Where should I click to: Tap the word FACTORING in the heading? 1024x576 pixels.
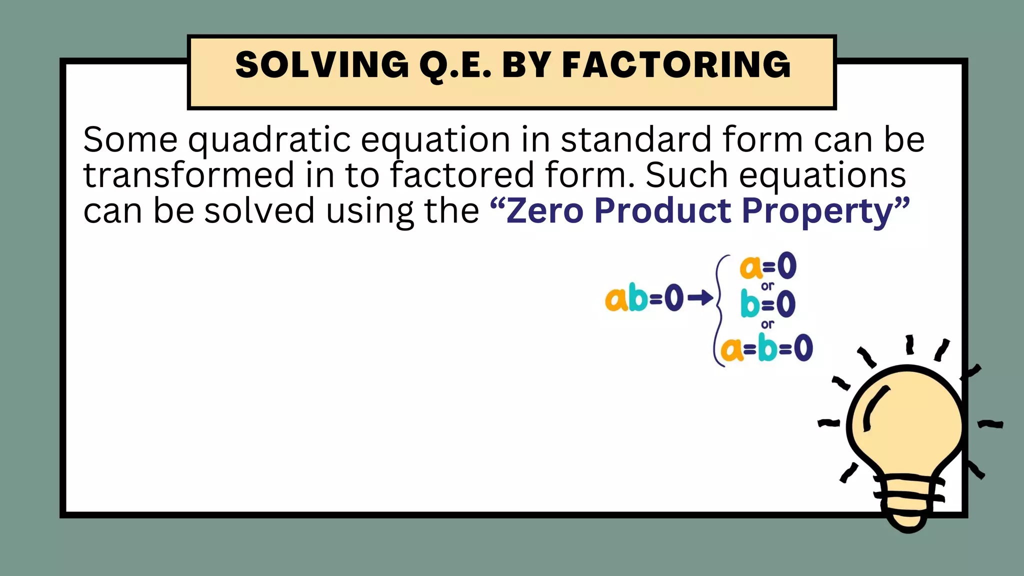pyautogui.click(x=676, y=65)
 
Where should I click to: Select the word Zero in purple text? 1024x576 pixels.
pyautogui.click(x=544, y=210)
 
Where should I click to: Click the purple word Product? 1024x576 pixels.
pyautogui.click(x=662, y=210)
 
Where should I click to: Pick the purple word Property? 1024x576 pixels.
pyautogui.click(x=817, y=211)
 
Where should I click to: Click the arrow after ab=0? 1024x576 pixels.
pyautogui.click(x=700, y=298)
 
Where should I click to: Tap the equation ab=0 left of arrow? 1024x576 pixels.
pyautogui.click(x=644, y=298)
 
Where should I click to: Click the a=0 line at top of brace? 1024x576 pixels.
pyautogui.click(x=768, y=266)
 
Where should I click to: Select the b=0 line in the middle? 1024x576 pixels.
pyautogui.click(x=768, y=304)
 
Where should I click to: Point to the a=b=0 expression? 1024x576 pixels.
pyautogui.click(x=767, y=348)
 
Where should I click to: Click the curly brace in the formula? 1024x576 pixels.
pyautogui.click(x=719, y=310)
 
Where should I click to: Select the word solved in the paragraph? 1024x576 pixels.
pyautogui.click(x=259, y=210)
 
